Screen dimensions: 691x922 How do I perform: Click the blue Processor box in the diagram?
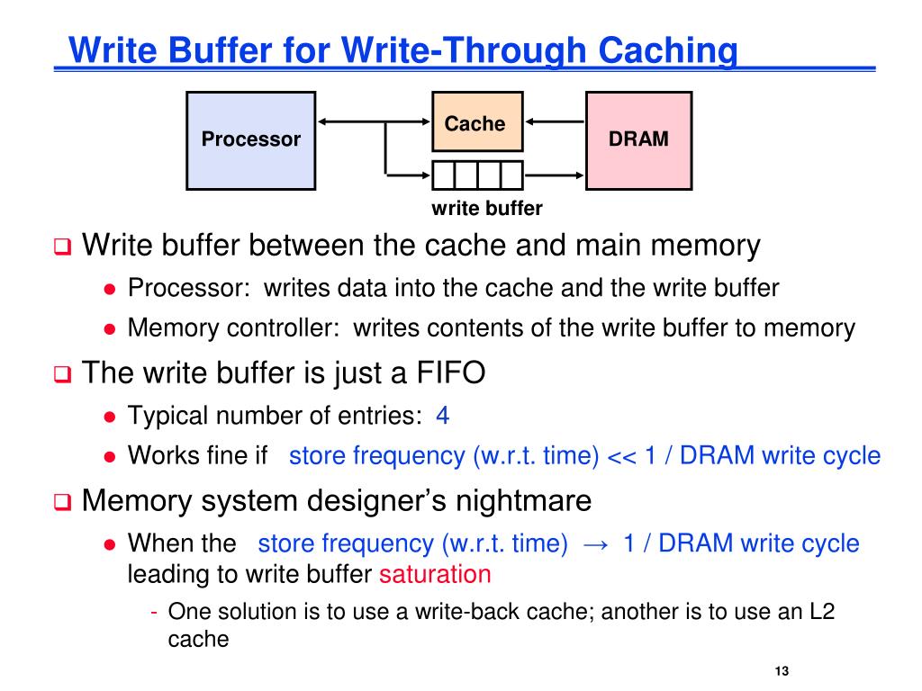[x=250, y=139]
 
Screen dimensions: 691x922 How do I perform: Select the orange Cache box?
[x=476, y=122]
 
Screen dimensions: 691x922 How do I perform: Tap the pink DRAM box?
[x=638, y=139]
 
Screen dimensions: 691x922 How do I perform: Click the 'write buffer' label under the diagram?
[x=487, y=209]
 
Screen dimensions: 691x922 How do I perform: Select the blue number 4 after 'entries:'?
[x=442, y=416]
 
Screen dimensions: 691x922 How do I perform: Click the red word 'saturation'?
[x=435, y=574]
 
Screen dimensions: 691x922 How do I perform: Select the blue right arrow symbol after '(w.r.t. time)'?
[x=595, y=543]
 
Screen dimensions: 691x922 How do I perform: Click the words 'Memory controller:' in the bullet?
[x=233, y=328]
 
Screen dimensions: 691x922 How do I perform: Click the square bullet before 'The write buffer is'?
[x=61, y=374]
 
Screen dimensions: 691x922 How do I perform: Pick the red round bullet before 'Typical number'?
[x=109, y=417]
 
